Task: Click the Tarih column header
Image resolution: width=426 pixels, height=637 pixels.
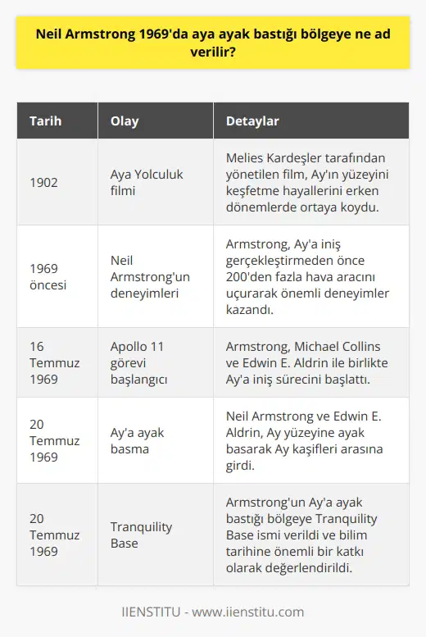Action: pos(46,121)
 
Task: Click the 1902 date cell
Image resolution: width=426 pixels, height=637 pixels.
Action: pos(44,183)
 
